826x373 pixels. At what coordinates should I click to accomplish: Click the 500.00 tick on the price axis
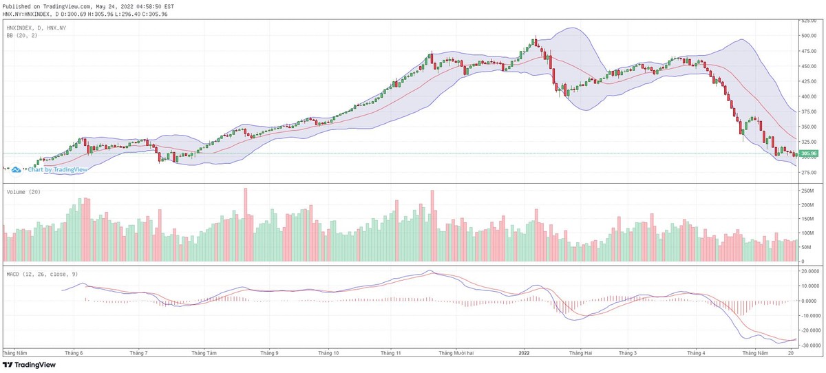(807, 35)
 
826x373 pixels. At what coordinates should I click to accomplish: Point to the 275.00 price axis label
(807, 173)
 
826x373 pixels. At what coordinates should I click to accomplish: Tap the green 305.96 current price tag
(808, 153)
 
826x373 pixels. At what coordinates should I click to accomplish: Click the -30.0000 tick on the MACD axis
(808, 345)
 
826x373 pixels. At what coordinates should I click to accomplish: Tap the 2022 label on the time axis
(525, 353)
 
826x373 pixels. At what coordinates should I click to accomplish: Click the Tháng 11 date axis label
(390, 353)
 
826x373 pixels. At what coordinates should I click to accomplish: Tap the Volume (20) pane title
(23, 191)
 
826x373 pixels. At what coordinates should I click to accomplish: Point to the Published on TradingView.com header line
(88, 6)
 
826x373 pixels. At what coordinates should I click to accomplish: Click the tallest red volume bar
(245, 225)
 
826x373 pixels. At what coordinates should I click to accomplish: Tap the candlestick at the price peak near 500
(535, 41)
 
